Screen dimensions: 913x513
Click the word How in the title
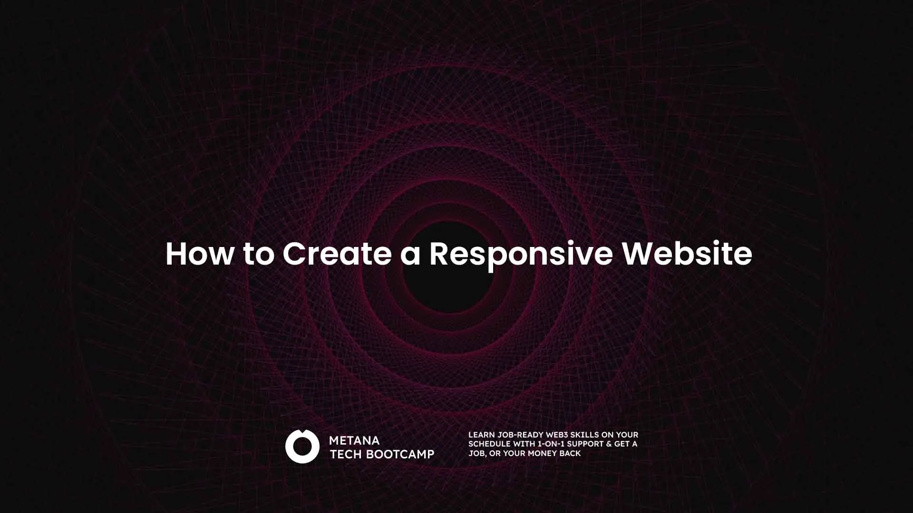(x=200, y=254)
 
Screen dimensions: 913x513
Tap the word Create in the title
(x=337, y=254)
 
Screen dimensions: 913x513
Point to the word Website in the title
(x=687, y=254)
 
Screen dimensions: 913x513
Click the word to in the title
(x=259, y=255)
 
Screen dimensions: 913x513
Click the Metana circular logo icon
(x=302, y=446)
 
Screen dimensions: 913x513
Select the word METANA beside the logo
(x=354, y=440)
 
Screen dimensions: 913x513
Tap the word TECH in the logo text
(x=346, y=454)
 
